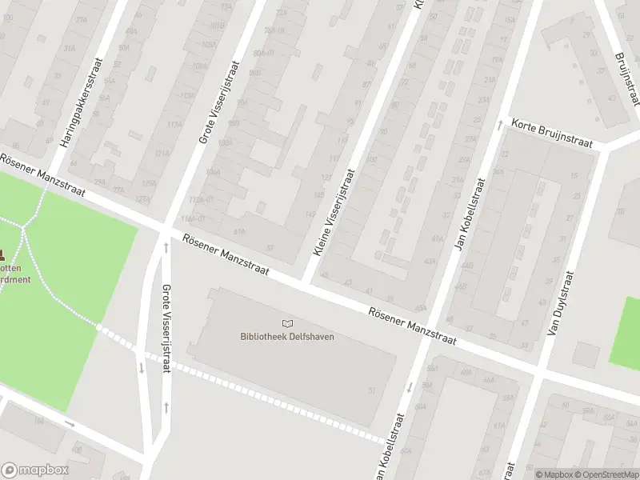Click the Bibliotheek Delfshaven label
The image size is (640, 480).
[x=287, y=336]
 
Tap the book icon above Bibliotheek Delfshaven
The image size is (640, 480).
[x=287, y=323]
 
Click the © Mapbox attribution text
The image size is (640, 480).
[x=554, y=474]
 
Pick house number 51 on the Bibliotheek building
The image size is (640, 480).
[x=372, y=390]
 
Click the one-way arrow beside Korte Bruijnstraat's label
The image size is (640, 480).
[x=499, y=123]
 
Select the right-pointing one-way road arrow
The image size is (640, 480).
[x=70, y=423]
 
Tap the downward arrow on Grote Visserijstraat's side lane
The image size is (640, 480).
[x=141, y=368]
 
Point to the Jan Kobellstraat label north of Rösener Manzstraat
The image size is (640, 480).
[x=470, y=214]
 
